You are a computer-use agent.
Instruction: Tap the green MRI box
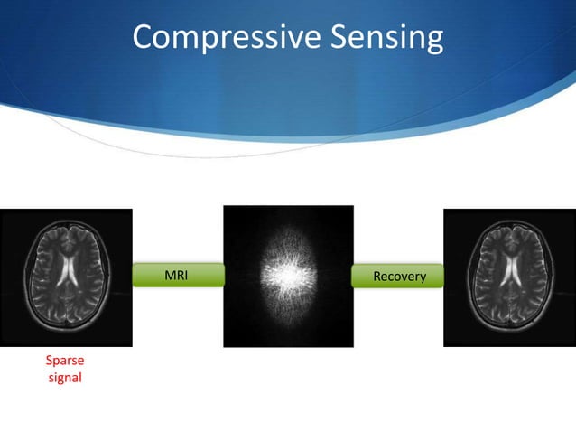point(177,275)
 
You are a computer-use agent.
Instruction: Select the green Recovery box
point(399,276)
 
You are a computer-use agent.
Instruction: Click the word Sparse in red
point(64,362)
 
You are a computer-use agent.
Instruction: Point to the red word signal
point(64,378)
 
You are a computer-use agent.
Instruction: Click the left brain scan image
point(65,277)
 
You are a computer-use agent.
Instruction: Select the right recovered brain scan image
point(509,277)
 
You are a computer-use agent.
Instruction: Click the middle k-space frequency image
point(288,277)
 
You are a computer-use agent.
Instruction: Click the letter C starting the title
point(144,37)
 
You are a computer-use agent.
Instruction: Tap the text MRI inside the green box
point(177,275)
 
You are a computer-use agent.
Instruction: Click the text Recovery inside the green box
point(399,276)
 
